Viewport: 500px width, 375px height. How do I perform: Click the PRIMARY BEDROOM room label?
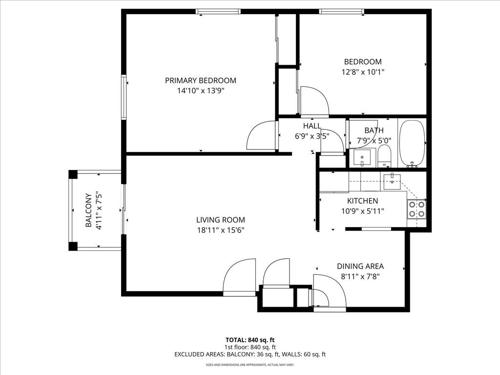pyautogui.click(x=201, y=81)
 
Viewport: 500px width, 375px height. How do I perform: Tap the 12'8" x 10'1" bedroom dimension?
pyautogui.click(x=363, y=72)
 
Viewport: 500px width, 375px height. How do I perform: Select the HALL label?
pyautogui.click(x=312, y=125)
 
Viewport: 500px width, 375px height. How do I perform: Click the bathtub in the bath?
pyautogui.click(x=412, y=143)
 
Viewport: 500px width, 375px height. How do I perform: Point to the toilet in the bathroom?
pyautogui.click(x=384, y=156)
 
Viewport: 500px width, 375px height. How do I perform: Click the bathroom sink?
pyautogui.click(x=362, y=158)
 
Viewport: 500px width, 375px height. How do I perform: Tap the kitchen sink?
pyautogui.click(x=392, y=182)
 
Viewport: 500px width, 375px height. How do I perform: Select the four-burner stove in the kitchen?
pyautogui.click(x=417, y=209)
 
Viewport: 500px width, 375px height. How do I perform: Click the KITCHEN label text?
pyautogui.click(x=363, y=201)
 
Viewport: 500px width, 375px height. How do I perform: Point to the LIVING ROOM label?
pyautogui.click(x=221, y=220)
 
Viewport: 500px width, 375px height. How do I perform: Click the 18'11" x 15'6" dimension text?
pyautogui.click(x=221, y=230)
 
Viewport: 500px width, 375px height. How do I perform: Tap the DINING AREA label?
pyautogui.click(x=360, y=266)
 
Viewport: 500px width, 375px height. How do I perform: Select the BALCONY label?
pyautogui.click(x=88, y=210)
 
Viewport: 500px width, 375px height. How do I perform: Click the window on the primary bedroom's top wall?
pyautogui.click(x=218, y=12)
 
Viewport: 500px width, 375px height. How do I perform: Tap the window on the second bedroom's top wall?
pyautogui.click(x=342, y=12)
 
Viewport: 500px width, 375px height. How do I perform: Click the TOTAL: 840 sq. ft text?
pyautogui.click(x=250, y=340)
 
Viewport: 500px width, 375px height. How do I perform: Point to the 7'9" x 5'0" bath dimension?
pyautogui.click(x=374, y=141)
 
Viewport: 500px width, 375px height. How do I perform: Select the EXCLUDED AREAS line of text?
pyautogui.click(x=250, y=354)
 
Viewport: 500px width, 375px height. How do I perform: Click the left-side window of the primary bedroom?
pyautogui.click(x=124, y=97)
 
